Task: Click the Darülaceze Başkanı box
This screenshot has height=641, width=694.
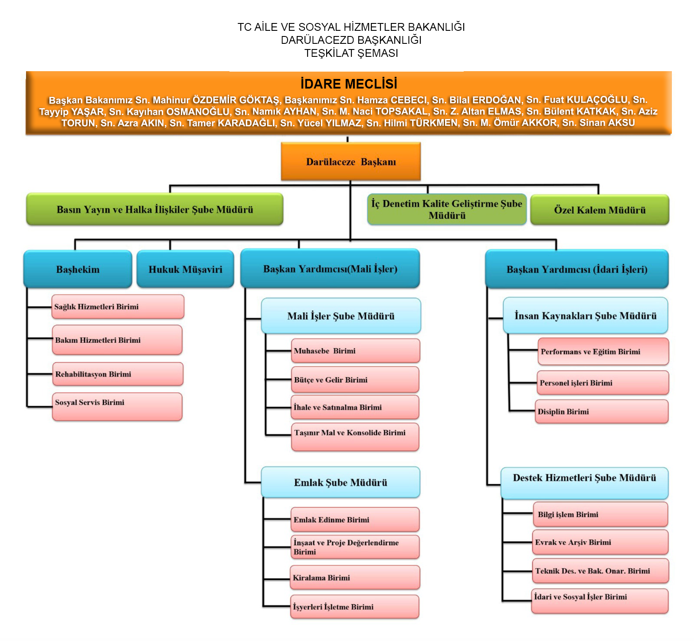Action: point(350,161)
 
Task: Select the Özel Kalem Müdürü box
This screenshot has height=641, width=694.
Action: point(599,210)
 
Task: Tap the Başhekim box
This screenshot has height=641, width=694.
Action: point(78,269)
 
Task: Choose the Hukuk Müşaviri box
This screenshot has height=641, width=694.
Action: point(185,269)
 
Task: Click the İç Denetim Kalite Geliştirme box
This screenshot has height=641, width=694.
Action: point(447,209)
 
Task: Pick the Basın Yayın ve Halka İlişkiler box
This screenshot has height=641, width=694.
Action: point(154,209)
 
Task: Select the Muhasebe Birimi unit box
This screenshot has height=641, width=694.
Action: point(355,351)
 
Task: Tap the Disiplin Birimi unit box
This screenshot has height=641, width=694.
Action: point(602,411)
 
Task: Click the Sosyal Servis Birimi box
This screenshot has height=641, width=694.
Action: point(117,406)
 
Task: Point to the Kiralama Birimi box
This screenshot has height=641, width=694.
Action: point(355,578)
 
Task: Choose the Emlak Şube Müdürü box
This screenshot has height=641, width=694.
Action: point(340,482)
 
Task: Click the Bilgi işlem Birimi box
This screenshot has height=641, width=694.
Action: point(600,514)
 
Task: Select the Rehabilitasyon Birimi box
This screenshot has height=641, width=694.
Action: point(118,374)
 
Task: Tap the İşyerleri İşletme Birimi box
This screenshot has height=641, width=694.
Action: point(355,606)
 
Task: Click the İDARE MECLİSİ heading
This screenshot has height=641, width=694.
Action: point(349,83)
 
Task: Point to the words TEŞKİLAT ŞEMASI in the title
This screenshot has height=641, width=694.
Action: point(351,53)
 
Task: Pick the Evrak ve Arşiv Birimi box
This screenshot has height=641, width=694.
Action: point(600,542)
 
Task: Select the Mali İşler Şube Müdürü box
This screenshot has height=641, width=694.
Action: point(340,316)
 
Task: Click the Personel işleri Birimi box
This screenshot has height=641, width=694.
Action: point(602,383)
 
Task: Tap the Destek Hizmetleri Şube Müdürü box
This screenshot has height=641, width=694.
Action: point(584,483)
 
